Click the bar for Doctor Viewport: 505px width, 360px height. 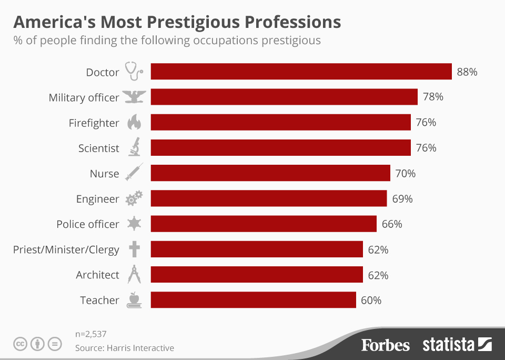[x=301, y=72]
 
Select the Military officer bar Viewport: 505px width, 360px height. [x=284, y=97]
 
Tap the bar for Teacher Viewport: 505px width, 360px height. [x=253, y=300]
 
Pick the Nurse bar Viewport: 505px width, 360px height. [x=270, y=173]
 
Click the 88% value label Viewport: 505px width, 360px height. [x=467, y=72]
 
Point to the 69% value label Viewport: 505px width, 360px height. [x=402, y=199]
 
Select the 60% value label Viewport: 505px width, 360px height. [x=371, y=301]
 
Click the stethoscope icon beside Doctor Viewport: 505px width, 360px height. [x=134, y=72]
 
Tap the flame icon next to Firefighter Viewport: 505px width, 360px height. [x=134, y=123]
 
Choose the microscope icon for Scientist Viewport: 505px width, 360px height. [x=134, y=147]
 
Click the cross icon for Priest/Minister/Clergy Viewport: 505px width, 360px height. [x=134, y=249]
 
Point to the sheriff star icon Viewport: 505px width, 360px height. [x=134, y=224]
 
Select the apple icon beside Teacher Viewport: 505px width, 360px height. [x=134, y=300]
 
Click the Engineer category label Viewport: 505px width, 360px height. [x=98, y=199]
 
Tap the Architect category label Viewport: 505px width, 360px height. [x=98, y=275]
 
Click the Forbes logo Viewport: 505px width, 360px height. [x=385, y=345]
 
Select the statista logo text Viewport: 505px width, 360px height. [x=448, y=345]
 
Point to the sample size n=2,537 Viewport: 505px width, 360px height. [x=91, y=333]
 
